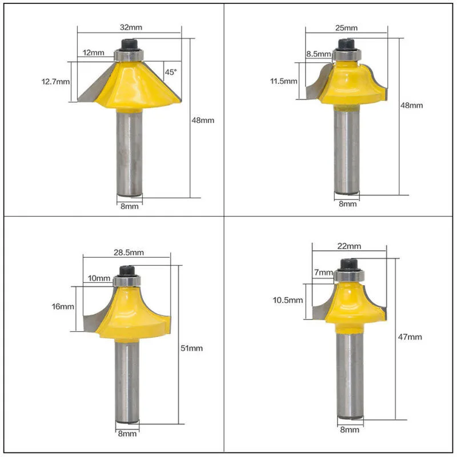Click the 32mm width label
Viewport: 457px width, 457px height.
pos(131,27)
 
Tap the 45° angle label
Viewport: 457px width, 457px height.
pos(171,72)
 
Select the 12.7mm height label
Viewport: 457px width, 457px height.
pos(55,81)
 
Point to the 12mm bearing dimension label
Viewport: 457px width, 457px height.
pos(93,53)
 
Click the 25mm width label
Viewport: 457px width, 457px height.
pos(346,28)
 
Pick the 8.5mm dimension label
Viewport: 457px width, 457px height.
pos(319,54)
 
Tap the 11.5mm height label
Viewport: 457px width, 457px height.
pos(283,81)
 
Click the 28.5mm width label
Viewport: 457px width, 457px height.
pos(129,252)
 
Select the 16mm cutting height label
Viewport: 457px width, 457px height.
pos(63,307)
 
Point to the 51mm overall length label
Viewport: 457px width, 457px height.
pos(191,348)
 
